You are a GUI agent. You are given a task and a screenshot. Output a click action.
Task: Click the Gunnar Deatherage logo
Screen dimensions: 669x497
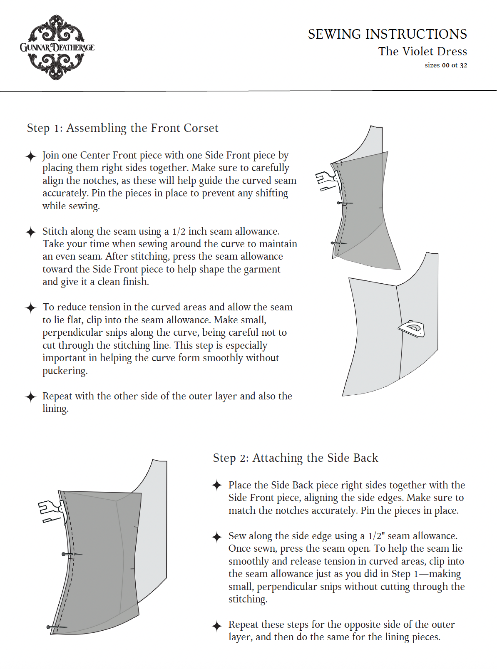click(57, 47)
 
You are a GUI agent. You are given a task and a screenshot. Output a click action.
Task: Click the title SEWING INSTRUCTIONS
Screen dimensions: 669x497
click(387, 34)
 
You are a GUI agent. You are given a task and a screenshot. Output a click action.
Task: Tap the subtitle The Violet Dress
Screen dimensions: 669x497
click(422, 52)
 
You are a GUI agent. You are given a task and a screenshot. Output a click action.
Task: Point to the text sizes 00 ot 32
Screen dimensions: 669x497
click(445, 65)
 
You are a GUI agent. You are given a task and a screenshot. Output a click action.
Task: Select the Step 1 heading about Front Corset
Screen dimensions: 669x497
click(122, 128)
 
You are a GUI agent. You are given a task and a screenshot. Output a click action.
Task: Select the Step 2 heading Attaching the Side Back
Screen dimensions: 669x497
click(295, 458)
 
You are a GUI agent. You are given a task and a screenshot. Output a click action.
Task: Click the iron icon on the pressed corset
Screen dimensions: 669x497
click(412, 329)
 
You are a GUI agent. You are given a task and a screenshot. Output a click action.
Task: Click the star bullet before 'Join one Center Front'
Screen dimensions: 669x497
click(31, 156)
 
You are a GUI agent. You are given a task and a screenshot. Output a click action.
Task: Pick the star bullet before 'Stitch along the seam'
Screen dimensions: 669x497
click(31, 232)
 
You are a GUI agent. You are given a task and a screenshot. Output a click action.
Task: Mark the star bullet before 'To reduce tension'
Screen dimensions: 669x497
click(31, 308)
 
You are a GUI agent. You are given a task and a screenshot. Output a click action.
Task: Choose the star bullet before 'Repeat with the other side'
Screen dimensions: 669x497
click(31, 397)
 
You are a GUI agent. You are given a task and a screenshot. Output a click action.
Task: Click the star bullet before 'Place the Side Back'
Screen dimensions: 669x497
click(217, 486)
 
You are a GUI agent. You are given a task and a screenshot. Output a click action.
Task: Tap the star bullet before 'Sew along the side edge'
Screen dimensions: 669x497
click(217, 537)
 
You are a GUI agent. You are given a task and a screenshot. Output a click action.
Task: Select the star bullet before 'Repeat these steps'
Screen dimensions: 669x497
click(217, 625)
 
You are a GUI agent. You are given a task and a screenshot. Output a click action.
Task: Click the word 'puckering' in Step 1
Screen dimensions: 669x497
click(65, 371)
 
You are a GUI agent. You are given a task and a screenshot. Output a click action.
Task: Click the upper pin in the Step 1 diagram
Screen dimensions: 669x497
click(344, 203)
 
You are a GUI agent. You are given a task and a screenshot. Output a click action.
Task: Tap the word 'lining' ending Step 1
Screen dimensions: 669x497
click(55, 409)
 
